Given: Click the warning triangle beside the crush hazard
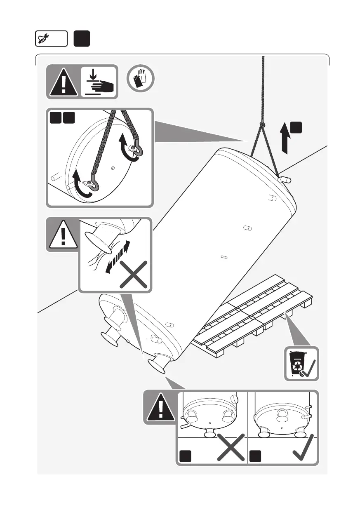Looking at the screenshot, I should [x=63, y=82].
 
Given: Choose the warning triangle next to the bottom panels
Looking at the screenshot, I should [x=161, y=407].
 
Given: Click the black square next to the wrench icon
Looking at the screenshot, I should [x=82, y=39].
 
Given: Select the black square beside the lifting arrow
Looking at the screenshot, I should [x=296, y=127].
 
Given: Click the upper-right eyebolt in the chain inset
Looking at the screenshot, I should [x=135, y=149].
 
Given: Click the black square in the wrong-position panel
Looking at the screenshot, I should [x=185, y=456].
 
